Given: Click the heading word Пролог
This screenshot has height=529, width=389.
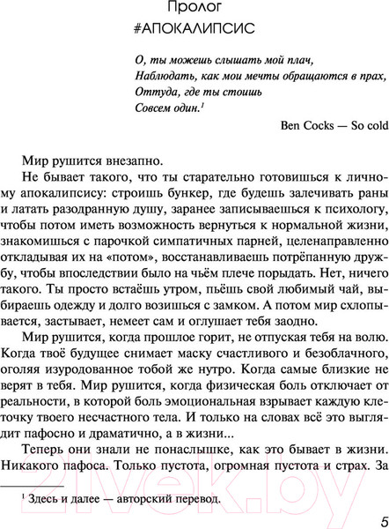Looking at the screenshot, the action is click(194, 9).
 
